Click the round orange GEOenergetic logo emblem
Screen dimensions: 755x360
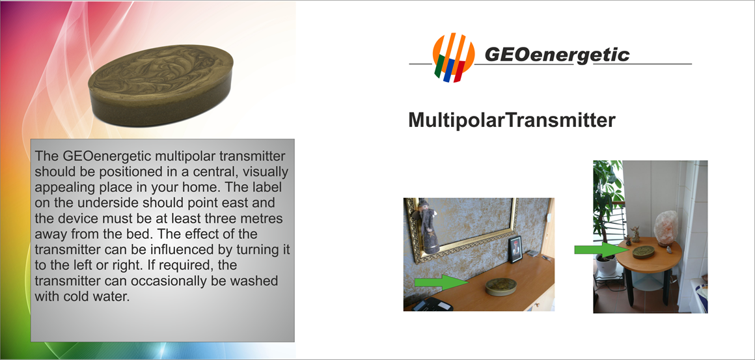pos(454,57)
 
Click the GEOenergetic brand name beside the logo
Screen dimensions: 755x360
pos(556,55)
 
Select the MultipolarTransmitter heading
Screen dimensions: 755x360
pos(512,120)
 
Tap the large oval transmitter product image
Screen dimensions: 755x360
pos(161,86)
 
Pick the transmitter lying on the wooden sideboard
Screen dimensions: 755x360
pos(501,286)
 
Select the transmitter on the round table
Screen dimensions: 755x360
pos(643,252)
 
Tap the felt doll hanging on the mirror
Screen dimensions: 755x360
pos(428,225)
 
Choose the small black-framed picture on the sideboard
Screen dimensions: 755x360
pos(515,249)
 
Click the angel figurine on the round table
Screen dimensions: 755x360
pos(635,234)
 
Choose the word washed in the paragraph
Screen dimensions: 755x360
pos(254,281)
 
